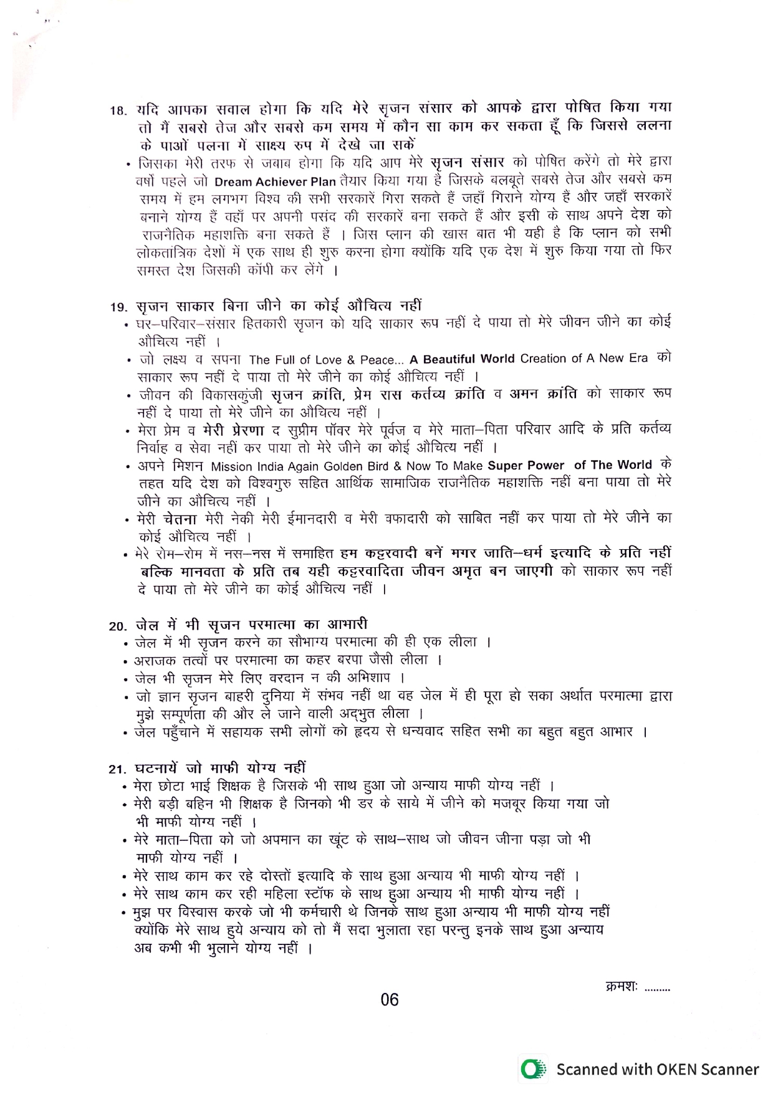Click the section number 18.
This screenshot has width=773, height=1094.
(x=118, y=111)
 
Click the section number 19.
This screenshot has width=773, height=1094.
(x=118, y=307)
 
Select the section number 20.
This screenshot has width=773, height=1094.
(x=118, y=626)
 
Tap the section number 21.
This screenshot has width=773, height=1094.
(x=117, y=769)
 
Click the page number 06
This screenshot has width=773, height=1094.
(x=389, y=1000)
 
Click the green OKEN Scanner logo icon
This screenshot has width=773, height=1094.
(x=531, y=1070)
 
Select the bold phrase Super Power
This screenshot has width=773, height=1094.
(x=526, y=466)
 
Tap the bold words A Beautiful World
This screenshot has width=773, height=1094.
(x=462, y=359)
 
